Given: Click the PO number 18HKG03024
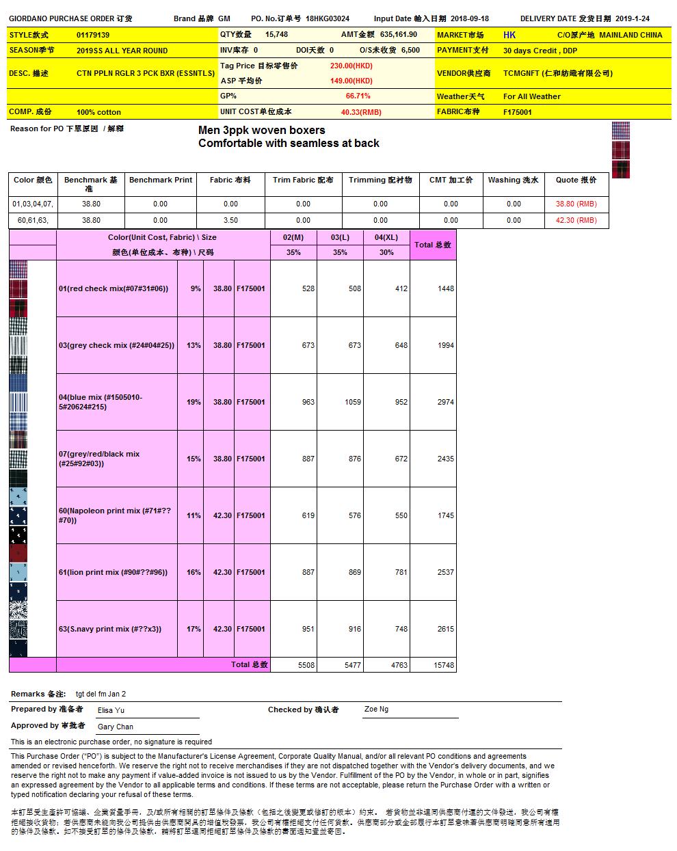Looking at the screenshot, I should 327,18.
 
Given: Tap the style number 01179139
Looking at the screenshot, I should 93,35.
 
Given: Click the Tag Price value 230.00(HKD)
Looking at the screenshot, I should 351,66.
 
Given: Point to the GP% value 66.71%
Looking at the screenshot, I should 358,96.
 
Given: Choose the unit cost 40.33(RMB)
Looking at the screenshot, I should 361,112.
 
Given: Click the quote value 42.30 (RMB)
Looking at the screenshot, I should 576,220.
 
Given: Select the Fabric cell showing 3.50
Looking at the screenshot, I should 230,220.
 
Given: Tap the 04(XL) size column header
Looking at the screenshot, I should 386,237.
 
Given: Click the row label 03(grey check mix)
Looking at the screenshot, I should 116,345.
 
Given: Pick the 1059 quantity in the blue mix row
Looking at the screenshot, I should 353,402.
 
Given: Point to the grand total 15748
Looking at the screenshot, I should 444,665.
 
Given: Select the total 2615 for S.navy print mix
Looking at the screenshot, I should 445,629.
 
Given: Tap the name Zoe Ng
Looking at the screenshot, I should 376,710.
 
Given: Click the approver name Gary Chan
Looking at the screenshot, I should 116,727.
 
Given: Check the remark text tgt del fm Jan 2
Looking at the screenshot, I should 101,694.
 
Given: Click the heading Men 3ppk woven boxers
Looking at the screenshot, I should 261,130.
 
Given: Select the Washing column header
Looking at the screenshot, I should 513,180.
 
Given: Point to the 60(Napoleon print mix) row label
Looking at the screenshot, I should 115,515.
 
